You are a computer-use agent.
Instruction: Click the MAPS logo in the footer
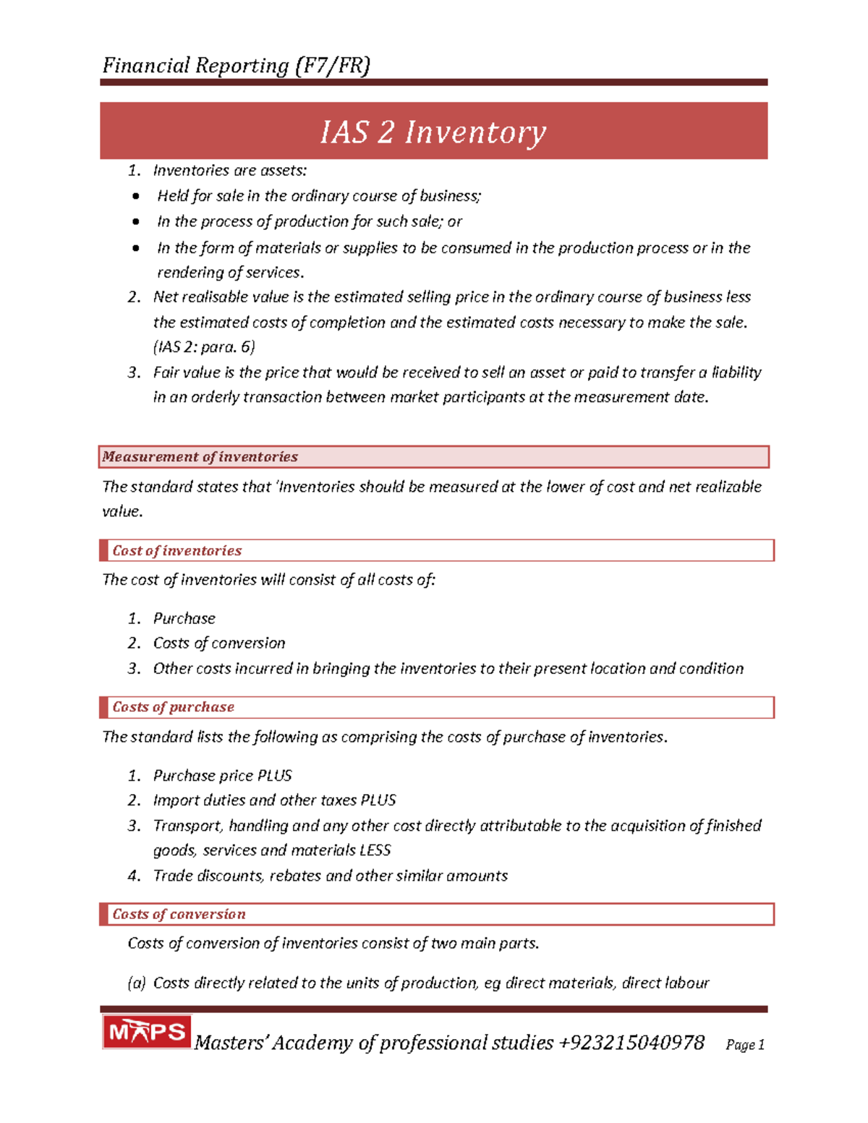[147, 1032]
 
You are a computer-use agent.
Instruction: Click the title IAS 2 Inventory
[433, 132]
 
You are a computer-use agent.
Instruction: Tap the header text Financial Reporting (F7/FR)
[236, 66]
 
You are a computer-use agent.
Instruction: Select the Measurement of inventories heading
[200, 457]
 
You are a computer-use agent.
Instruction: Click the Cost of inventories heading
[177, 551]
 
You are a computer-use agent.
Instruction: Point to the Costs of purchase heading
[174, 707]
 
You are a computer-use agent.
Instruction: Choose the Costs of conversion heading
[179, 914]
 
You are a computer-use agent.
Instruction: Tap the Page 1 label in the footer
[745, 1045]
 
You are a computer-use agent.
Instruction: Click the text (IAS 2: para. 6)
[204, 347]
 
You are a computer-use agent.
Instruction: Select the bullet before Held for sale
[136, 197]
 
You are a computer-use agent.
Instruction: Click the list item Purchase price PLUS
[222, 776]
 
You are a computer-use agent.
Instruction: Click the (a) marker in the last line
[136, 983]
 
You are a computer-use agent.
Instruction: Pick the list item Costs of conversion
[218, 644]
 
